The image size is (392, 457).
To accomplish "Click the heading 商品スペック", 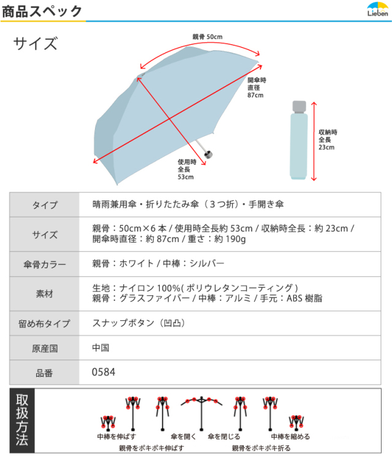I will [42, 11].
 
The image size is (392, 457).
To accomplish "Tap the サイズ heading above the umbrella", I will [36, 44].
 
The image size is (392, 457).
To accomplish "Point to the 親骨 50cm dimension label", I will [208, 37].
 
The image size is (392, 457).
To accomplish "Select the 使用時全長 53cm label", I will [186, 169].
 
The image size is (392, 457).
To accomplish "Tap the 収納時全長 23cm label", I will [327, 140].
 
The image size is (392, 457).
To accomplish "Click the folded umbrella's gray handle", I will [300, 107].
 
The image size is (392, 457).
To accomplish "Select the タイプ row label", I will [45, 205].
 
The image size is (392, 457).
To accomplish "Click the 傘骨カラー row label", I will [45, 265].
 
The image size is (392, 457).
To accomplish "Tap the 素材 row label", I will [45, 293].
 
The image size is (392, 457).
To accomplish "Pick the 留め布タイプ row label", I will [45, 323].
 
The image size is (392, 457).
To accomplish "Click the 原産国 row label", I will [45, 348].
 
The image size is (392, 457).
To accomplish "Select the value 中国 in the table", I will [100, 348].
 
